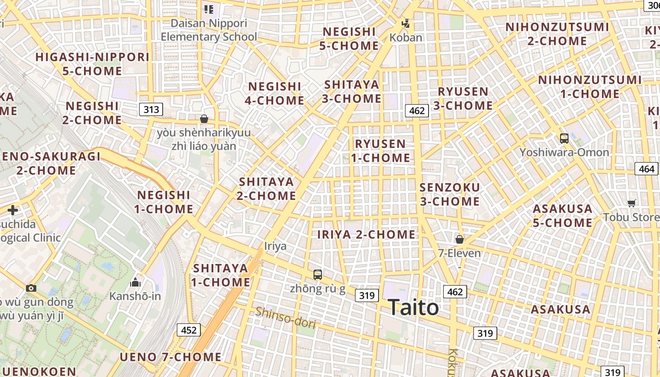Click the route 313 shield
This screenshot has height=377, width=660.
coord(151,110)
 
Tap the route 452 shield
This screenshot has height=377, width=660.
coord(189,330)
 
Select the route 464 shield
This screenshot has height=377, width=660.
coord(647,169)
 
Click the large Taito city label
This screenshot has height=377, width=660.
coord(413,308)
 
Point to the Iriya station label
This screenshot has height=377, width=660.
coord(275,246)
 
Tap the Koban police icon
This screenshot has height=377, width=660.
coord(405,23)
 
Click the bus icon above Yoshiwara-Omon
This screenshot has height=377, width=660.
coord(564,139)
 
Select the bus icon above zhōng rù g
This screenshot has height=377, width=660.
coord(318,274)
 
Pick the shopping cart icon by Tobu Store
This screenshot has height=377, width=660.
coord(632,203)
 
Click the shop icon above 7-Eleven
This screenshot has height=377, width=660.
coord(460,239)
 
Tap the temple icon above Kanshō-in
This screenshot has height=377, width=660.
coord(135,282)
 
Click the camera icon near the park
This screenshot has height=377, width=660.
coord(31,288)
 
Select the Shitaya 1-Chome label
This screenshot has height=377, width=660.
coord(221,275)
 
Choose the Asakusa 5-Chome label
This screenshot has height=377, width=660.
coord(562,215)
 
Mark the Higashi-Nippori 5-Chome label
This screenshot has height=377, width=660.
coord(92,64)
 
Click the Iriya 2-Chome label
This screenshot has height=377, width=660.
coord(366,234)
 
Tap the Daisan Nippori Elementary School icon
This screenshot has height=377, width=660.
coord(209,9)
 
